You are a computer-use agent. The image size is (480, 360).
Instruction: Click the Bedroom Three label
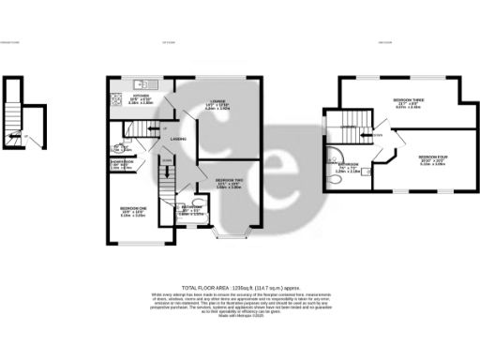click(407, 105)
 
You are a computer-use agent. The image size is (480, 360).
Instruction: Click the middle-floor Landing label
click(176, 141)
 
